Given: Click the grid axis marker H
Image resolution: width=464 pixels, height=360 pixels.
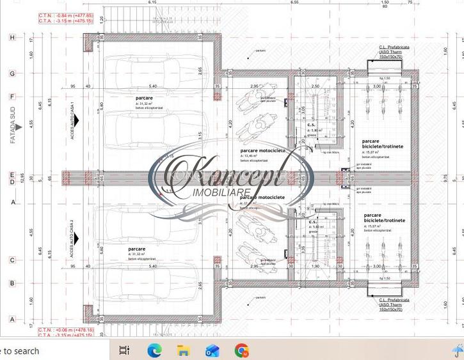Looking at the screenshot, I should tap(12, 38).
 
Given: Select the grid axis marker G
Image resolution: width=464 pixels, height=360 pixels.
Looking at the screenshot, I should tap(12, 74).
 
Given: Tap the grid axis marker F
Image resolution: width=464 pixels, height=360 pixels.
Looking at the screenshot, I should tap(12, 97).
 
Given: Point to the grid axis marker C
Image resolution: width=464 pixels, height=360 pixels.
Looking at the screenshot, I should tap(12, 260).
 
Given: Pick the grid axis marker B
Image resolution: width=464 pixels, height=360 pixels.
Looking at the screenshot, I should tap(12, 283).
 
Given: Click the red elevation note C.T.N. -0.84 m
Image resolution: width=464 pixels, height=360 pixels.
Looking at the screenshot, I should tap(56, 15).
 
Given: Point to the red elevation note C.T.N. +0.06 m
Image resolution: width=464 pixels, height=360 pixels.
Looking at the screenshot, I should tap(56, 330).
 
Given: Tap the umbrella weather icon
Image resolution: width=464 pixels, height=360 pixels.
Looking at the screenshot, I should tap(457, 350).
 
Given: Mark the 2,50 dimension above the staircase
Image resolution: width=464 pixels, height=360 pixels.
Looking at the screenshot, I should tap(314, 86).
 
